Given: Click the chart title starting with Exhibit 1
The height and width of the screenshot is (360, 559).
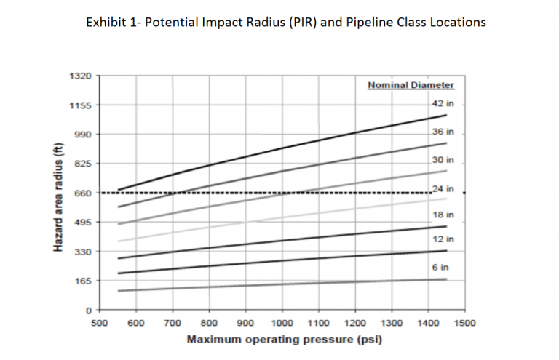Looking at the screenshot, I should (x=285, y=22).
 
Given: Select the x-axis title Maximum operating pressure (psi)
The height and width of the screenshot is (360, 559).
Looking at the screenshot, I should (x=282, y=339).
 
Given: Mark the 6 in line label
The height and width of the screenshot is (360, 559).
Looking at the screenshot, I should (x=443, y=268).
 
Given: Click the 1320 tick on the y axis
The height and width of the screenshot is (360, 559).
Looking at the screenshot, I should (x=79, y=76).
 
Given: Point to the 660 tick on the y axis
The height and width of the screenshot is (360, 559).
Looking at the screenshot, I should (x=82, y=193).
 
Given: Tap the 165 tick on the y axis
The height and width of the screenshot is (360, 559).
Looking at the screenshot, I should (x=82, y=281).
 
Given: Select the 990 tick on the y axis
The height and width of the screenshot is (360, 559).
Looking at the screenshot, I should (x=82, y=135).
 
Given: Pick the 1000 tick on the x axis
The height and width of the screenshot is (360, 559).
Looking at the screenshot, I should (x=282, y=322).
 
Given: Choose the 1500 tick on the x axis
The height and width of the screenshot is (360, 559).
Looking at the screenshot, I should (x=466, y=322).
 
